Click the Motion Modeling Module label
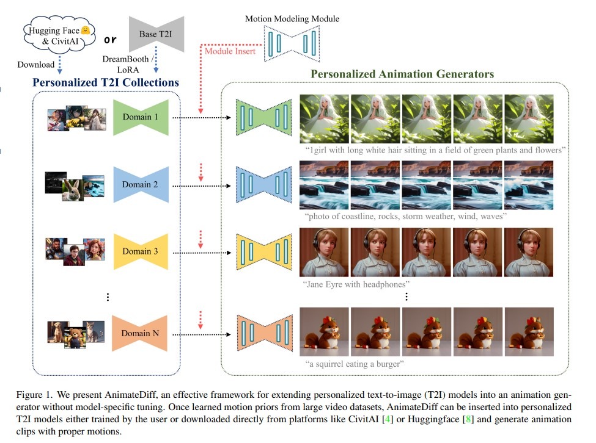click(x=292, y=19)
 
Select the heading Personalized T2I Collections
click(x=106, y=82)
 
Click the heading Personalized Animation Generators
click(x=402, y=74)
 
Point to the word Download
click(x=36, y=63)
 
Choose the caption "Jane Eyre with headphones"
click(x=356, y=284)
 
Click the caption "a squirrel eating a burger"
click(x=355, y=364)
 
